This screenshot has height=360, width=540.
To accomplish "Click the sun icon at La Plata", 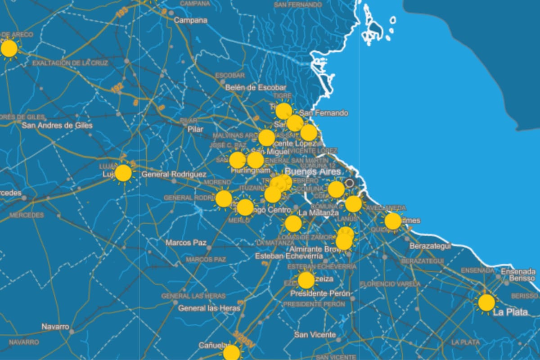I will coord(486,303).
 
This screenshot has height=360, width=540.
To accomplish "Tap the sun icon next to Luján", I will coord(123,173).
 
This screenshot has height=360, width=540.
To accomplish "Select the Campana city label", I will coord(191,20).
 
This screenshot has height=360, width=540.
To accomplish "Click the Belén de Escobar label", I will coord(256,87).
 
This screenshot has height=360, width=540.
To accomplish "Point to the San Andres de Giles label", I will coord(57,126).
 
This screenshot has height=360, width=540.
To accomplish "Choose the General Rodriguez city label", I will coord(174,174).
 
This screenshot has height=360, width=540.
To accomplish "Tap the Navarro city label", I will coord(55,327).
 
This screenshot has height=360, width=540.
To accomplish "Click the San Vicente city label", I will coord(315,335).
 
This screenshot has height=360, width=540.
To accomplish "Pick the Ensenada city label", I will coord(518,272).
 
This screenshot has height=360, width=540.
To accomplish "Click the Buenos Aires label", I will coord(307,172).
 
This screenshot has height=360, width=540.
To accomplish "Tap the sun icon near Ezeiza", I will coord(306,280).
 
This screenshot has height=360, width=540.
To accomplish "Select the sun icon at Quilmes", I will coord(392,221).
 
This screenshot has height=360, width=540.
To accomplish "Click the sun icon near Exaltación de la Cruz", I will coord(9,49).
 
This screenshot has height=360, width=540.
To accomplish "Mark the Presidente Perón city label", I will coord(320,293).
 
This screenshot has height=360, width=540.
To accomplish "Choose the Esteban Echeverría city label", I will coord(289,256).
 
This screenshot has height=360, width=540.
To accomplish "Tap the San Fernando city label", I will coord(324,113).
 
